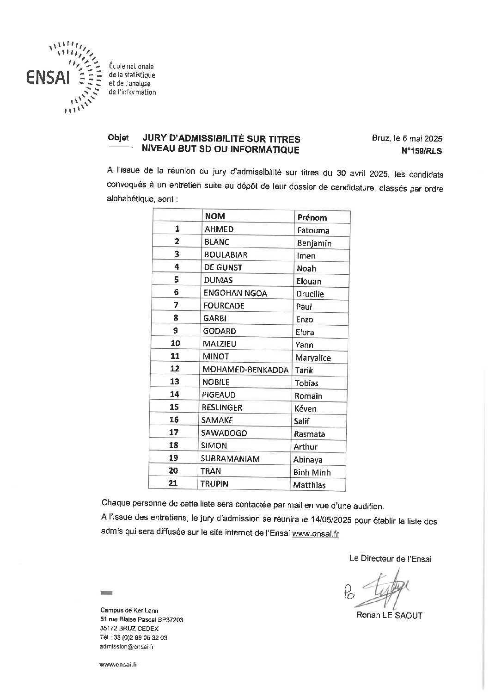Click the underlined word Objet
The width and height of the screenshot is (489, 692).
coord(118,138)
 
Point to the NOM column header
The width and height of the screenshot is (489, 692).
coord(215,216)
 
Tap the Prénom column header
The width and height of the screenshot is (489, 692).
coord(312,217)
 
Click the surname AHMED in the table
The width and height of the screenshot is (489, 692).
coord(219,229)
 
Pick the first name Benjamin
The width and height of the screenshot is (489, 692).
coord(314,243)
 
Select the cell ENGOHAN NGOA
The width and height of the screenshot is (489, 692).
coord(235,293)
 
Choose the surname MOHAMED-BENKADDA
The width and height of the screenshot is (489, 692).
coord(245,370)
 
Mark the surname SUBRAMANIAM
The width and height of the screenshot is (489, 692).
coord(230,459)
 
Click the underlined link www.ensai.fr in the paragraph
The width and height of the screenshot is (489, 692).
coord(316,534)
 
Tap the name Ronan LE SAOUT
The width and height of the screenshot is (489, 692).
coord(389,615)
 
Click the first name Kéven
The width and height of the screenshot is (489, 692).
coord(305,409)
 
